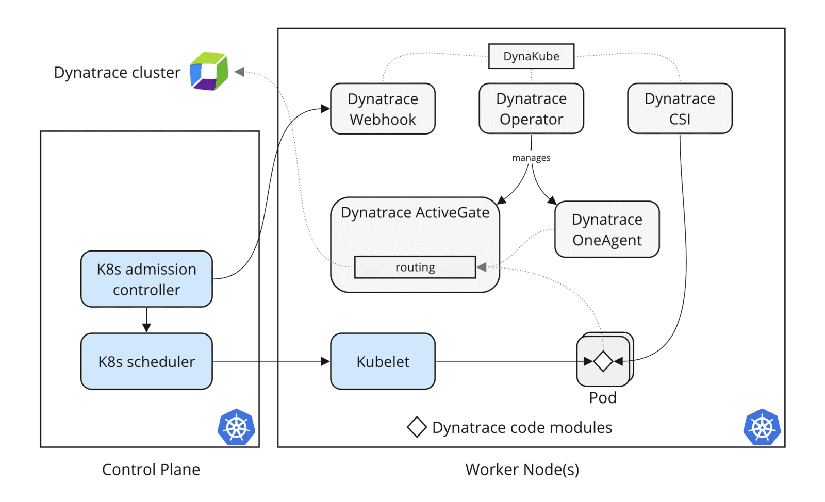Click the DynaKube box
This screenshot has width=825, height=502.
click(531, 56)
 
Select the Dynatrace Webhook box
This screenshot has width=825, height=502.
click(383, 109)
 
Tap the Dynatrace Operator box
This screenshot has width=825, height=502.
click(531, 109)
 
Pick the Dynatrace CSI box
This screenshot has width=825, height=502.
click(680, 109)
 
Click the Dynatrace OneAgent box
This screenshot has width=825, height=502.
click(607, 229)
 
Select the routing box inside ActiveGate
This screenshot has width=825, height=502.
click(415, 267)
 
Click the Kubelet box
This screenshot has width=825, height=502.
click(383, 361)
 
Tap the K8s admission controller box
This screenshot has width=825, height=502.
click(146, 279)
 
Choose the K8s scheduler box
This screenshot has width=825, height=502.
click(146, 361)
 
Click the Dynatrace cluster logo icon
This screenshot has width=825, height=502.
click(209, 71)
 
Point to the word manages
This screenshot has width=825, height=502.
click(531, 158)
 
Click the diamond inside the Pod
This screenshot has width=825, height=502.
click(603, 361)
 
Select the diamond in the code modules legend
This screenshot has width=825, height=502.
click(417, 427)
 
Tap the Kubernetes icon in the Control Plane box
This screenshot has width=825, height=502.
click(236, 427)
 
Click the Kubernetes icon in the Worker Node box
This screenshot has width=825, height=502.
click(762, 427)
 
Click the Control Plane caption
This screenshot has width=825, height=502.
click(151, 470)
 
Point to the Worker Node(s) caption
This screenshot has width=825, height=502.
click(522, 470)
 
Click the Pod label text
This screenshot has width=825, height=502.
click(603, 397)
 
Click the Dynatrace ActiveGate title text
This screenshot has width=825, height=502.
click(415, 212)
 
